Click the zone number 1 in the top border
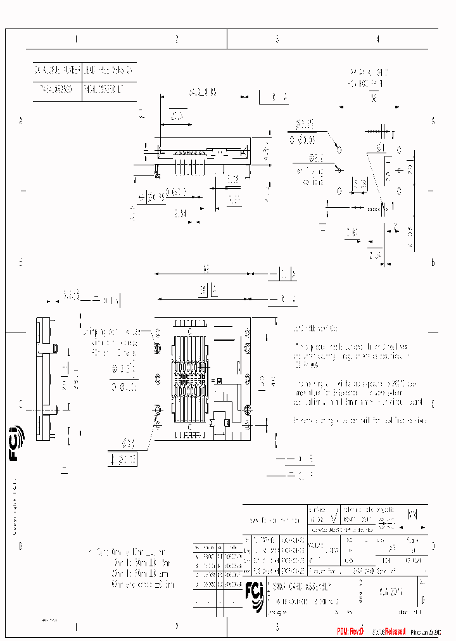click(x=76, y=39)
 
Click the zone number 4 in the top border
click(x=378, y=39)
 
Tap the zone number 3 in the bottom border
click(x=277, y=627)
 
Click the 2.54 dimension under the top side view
click(x=180, y=213)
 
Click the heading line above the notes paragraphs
click(x=315, y=329)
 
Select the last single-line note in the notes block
click(x=360, y=421)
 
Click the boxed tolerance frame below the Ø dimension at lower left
click(x=123, y=460)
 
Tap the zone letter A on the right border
click(x=433, y=121)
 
